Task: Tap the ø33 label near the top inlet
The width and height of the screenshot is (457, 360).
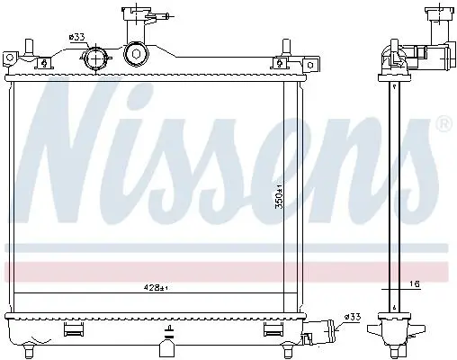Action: click(x=76, y=37)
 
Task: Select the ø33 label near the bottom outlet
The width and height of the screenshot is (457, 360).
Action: click(x=353, y=317)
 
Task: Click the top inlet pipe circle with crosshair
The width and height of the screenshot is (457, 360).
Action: click(x=95, y=58)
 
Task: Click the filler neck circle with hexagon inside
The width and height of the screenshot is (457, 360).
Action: click(x=136, y=54)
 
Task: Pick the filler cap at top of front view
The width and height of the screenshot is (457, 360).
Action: click(x=138, y=12)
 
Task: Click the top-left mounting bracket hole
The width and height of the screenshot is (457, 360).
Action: click(x=10, y=58)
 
